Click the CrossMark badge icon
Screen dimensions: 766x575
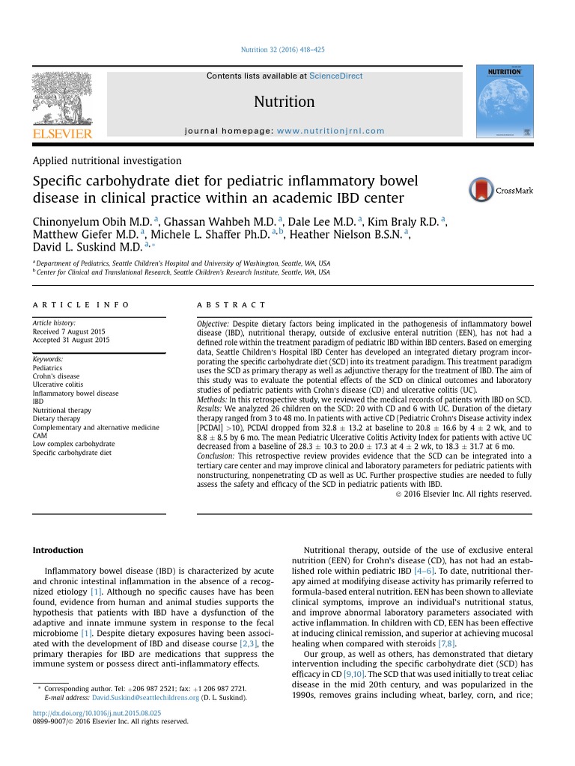click(482, 190)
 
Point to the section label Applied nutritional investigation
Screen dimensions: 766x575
click(106, 160)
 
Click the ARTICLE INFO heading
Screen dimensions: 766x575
click(81, 305)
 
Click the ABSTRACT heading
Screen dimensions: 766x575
click(231, 305)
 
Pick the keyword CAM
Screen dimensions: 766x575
click(40, 435)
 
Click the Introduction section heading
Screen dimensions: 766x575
click(58, 550)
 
